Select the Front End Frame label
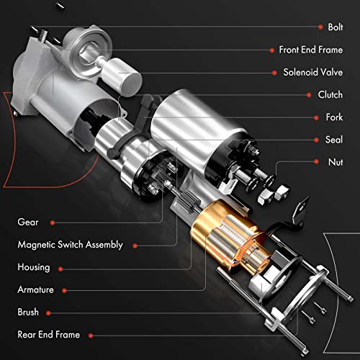pos(310,50)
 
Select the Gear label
pos(28,222)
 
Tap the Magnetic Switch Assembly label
pos(70,245)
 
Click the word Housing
pos(34,267)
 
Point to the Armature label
pos(36,289)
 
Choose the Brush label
pos(29,312)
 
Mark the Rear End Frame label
pos(49,335)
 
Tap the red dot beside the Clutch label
pos(307,94)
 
